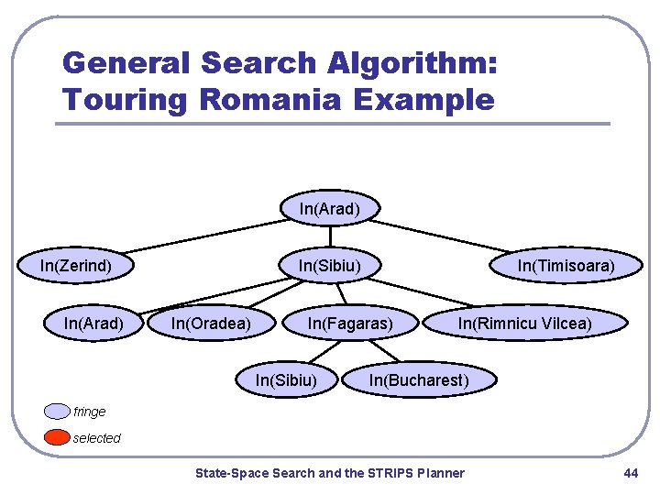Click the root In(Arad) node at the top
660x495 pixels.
coord(329,209)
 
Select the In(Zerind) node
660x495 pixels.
coord(76,266)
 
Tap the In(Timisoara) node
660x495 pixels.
coord(566,266)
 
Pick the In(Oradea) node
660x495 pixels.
coord(211,323)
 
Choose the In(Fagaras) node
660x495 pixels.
coord(350,323)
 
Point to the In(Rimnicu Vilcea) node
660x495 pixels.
coord(524,323)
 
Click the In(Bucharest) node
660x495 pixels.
coord(418,379)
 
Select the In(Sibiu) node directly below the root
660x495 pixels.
coord(329,266)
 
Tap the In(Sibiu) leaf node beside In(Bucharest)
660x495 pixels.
coord(286,379)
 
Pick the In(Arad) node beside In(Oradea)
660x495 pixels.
coord(93,323)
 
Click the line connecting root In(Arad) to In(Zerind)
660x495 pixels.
coord(202,236)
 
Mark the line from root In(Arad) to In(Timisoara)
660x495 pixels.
coord(449,236)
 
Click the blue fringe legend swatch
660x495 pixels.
coord(58,412)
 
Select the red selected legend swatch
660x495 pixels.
coord(58,437)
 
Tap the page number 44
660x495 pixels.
coord(630,473)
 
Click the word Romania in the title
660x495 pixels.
coord(280,98)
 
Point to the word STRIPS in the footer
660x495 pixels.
coord(390,473)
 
